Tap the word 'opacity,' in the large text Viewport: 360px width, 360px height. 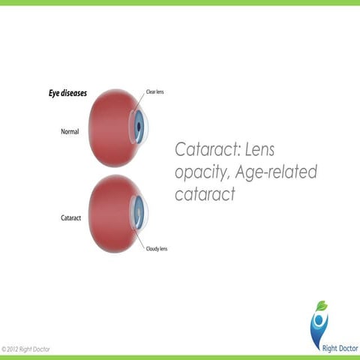coord(200,172)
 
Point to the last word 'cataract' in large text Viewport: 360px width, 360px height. coord(205,194)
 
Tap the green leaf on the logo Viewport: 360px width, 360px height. coord(322,305)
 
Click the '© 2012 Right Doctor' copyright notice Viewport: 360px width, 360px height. coord(27,349)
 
